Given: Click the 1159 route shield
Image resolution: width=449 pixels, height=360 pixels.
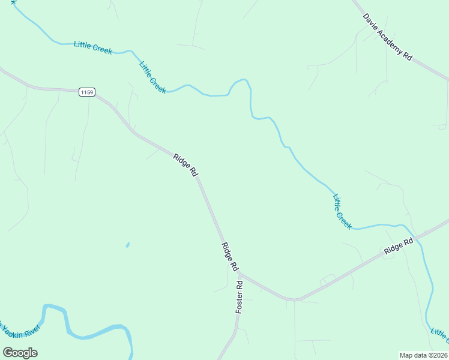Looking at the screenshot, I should tap(87, 92).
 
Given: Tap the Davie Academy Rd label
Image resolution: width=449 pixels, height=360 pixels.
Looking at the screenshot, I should tap(388, 35).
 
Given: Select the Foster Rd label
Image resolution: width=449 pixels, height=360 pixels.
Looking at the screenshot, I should tap(239, 297).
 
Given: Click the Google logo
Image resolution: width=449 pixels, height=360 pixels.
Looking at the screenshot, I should tap(20, 352).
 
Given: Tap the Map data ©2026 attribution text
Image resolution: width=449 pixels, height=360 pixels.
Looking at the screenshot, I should tap(423, 355).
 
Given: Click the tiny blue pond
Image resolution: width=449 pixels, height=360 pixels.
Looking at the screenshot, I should tap(127, 245).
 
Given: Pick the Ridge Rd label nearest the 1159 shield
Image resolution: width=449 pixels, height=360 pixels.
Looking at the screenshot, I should tap(185, 164).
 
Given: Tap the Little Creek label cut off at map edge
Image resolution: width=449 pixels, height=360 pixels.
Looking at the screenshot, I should tap(439, 337).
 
